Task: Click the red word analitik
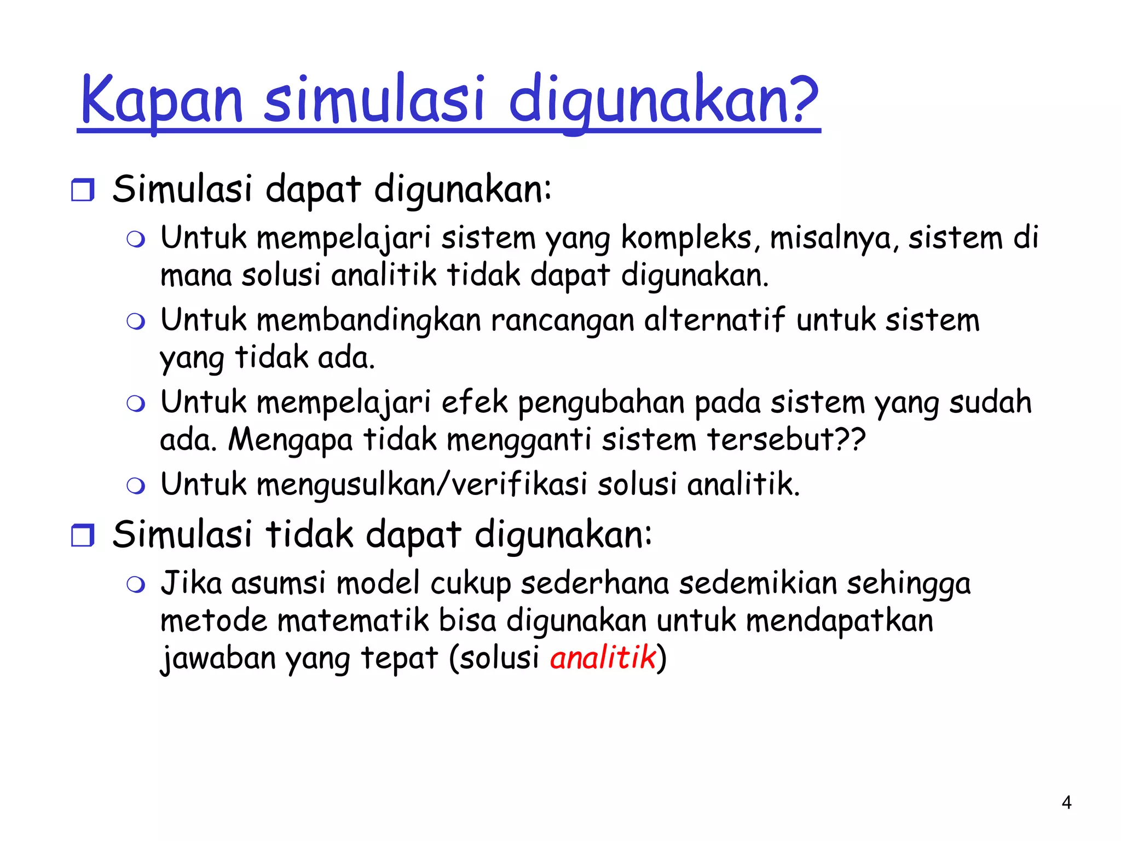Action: [x=603, y=657]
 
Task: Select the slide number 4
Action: [x=1066, y=803]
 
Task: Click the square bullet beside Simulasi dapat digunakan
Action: [x=83, y=190]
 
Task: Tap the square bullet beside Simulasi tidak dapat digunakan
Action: [x=83, y=535]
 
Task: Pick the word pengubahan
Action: [x=601, y=402]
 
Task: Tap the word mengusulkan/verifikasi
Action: [x=421, y=485]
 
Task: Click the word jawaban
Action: [x=218, y=658]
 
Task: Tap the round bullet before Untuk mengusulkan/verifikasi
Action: [x=136, y=486]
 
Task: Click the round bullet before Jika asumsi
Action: [x=136, y=585]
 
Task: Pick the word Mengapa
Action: [x=290, y=440]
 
